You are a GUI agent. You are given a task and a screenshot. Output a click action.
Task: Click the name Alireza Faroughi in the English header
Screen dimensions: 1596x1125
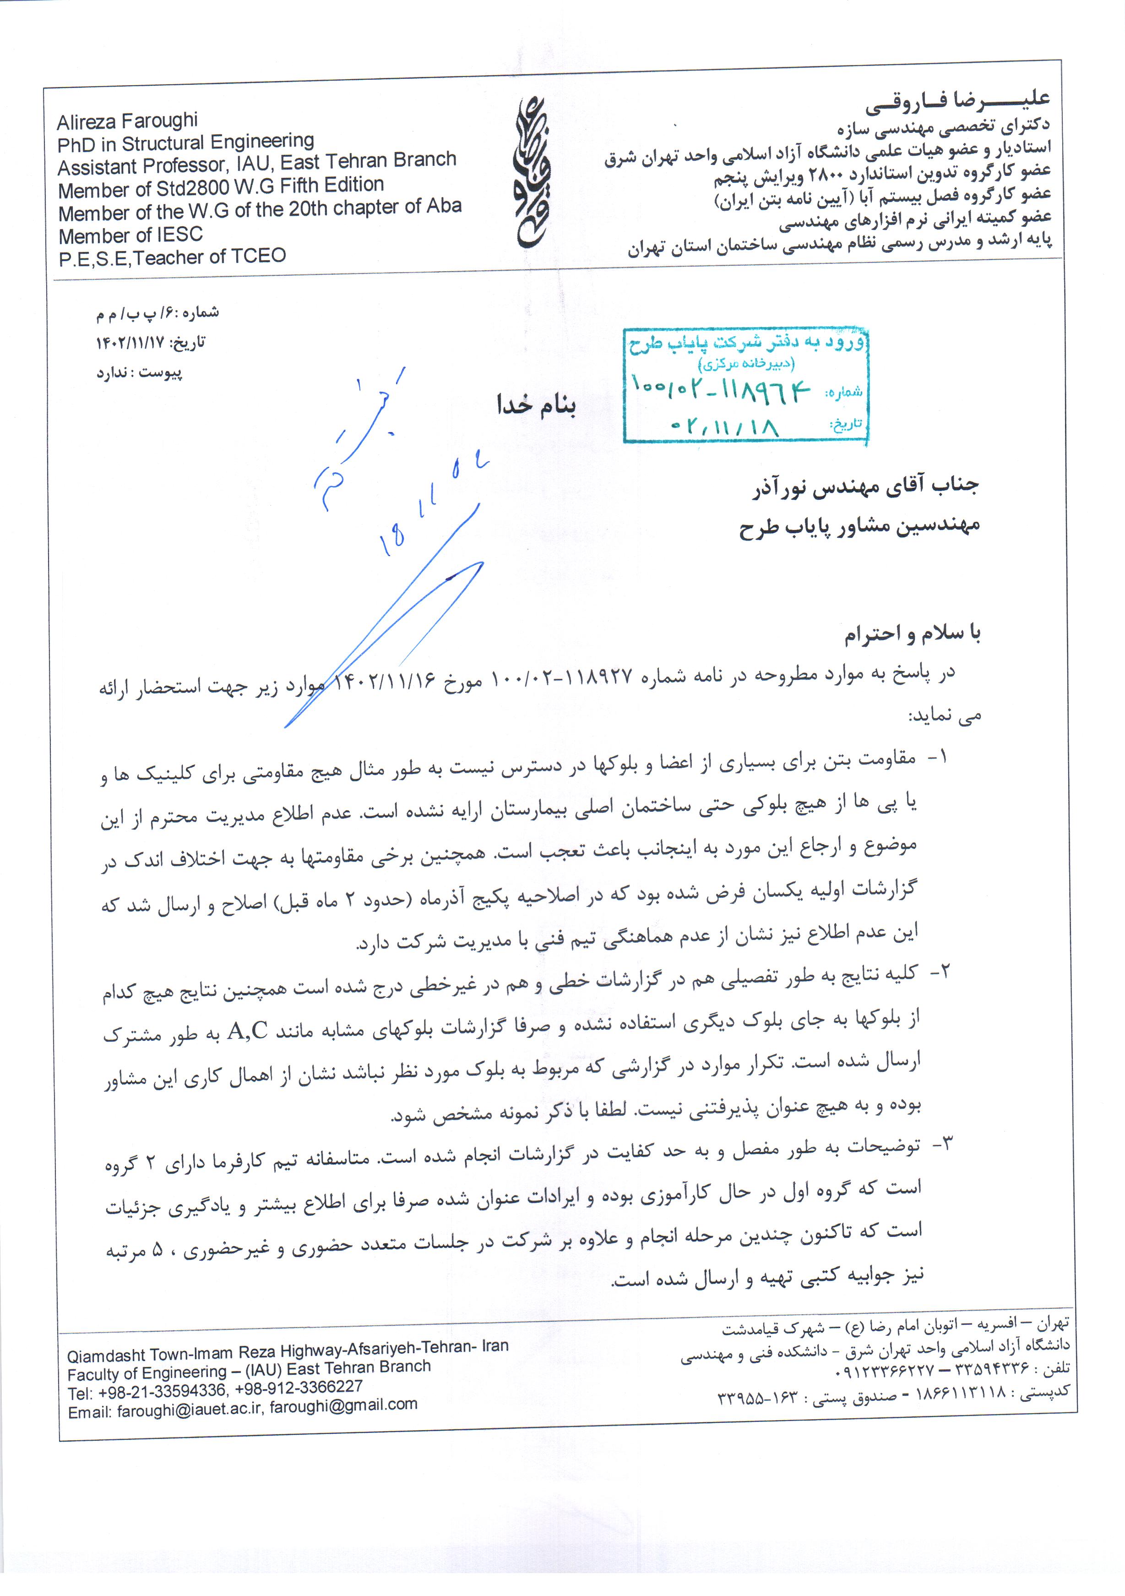(127, 122)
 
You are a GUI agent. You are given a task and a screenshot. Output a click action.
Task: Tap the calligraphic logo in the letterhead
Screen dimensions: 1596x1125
(531, 173)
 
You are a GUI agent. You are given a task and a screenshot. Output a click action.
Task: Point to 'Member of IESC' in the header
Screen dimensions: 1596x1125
(130, 235)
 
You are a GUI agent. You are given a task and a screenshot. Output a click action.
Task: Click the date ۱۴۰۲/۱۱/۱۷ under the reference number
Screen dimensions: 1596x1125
(130, 342)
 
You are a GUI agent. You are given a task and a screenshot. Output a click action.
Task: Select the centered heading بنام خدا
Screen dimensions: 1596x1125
(536, 404)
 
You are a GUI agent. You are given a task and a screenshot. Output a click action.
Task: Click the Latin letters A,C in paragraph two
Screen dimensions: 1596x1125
(247, 1031)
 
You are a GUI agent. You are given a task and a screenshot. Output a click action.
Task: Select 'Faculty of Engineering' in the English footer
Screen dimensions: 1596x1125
(147, 1372)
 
